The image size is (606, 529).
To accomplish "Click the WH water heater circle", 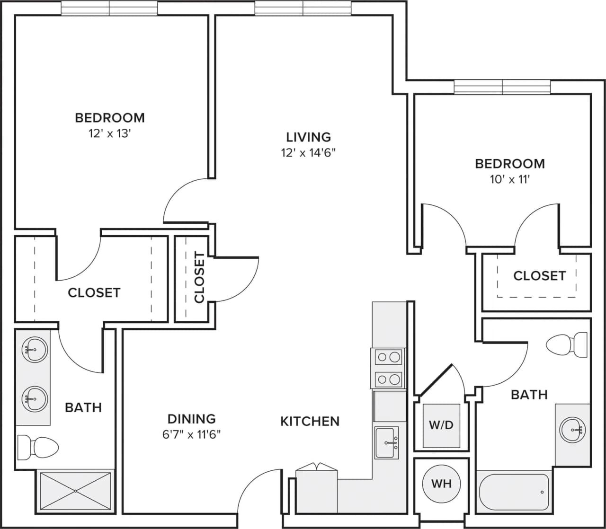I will pos(441,484).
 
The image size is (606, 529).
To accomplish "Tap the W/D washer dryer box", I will pos(441,425).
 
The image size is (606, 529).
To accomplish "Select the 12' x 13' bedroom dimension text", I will pos(109,134).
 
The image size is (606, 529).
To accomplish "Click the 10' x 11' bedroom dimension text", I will pos(509,179).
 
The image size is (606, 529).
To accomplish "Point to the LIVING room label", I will pos(308,137).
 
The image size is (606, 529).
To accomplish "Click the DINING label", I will pos(192,419).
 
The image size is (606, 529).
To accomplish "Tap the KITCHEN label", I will pos(310,421).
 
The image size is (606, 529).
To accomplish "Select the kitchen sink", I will pos(387,442).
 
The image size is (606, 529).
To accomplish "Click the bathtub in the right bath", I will pos(514,492).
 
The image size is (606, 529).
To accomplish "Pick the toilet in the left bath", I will pos(38,446).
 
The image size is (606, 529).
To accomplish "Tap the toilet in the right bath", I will pos(567,344).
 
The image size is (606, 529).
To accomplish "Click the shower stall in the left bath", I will pos(75,491).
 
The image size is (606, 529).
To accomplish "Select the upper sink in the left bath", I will pos(34,350).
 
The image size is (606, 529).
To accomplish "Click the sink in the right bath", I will pos(572,430).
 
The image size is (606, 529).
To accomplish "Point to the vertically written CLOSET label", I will pos(199,278).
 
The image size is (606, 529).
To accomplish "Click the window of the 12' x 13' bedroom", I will pos(109,8).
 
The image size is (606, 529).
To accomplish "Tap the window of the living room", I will pos(303,8).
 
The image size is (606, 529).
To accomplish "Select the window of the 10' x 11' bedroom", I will pos(502,87).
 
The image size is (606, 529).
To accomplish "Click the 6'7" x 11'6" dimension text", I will pos(192,434).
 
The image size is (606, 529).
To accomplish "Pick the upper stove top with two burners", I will pos(389,357).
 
